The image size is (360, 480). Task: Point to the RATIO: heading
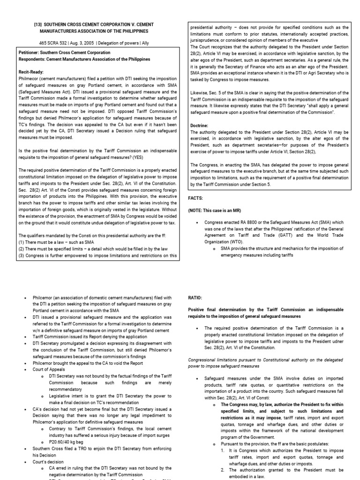(x=195, y=297)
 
